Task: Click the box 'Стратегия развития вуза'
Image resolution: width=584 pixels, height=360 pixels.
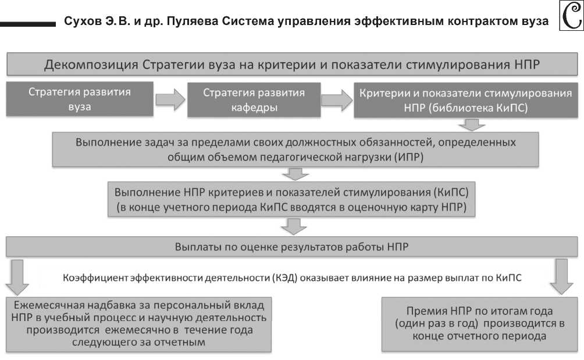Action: click(80, 99)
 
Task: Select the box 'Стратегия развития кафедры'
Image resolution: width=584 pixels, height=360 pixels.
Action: click(254, 99)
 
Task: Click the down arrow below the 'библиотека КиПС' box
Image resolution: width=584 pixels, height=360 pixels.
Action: click(471, 124)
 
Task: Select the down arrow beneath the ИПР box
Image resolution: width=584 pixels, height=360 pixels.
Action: click(295, 174)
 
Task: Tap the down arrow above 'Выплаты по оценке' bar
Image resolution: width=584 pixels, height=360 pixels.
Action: click(295, 226)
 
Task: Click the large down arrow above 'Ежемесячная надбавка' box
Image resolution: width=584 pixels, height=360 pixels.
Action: click(19, 277)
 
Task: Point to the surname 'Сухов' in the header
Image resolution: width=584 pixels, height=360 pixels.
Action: click(83, 22)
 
